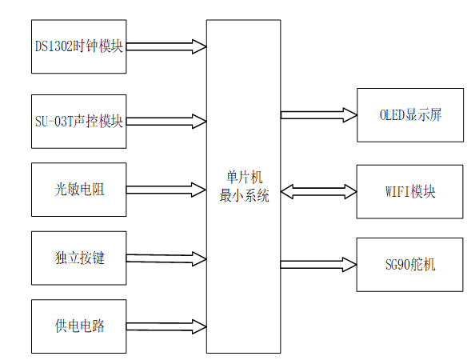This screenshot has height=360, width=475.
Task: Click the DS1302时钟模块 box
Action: pyautogui.click(x=78, y=46)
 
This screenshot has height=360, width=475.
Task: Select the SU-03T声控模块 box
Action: pyautogui.click(x=78, y=122)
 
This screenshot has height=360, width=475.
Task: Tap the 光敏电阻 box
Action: pyautogui.click(x=78, y=190)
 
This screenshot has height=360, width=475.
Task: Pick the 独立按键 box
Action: pyautogui.click(x=78, y=258)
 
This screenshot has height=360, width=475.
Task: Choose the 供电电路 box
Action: pyautogui.click(x=78, y=326)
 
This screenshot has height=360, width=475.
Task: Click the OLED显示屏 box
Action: pyautogui.click(x=409, y=114)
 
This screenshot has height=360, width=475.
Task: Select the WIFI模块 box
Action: pyautogui.click(x=409, y=192)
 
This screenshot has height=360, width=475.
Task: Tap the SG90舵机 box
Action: pyautogui.click(x=409, y=264)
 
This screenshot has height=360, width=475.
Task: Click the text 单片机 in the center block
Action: pyautogui.click(x=244, y=178)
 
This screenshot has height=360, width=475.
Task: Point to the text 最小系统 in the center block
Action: pyautogui.click(x=244, y=194)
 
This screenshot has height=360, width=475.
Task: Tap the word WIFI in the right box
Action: pyautogui.click(x=398, y=192)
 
